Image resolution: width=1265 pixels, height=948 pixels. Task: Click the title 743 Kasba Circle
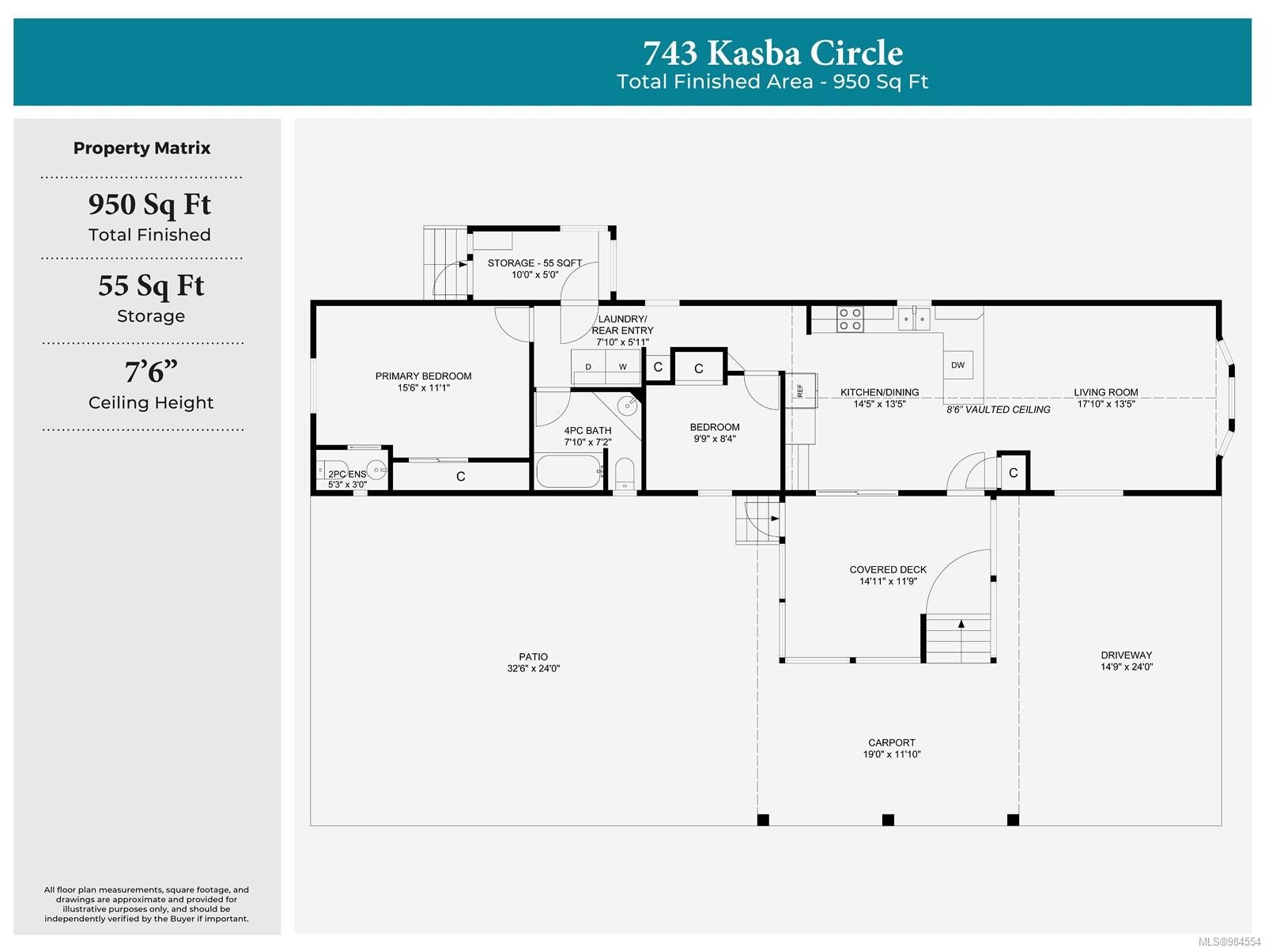pos(772,53)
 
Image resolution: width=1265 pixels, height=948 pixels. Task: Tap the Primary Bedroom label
pos(423,376)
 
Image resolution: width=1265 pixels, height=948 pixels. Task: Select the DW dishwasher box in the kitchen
pos(957,364)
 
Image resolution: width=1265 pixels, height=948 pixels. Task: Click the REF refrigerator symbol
pos(801,391)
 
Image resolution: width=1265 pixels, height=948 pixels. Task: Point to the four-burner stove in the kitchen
pos(850,319)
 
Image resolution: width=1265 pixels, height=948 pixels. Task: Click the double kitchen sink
pos(914,318)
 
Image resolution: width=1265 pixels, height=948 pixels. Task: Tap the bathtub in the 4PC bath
pos(569,471)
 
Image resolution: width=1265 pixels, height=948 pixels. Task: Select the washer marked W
pos(623,367)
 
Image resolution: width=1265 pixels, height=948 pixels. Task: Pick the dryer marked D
pos(588,367)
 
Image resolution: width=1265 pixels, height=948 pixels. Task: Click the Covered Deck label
pos(888,569)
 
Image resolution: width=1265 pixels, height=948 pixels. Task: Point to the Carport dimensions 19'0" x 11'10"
pos(892,754)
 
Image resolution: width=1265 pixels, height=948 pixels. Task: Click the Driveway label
pos(1126,655)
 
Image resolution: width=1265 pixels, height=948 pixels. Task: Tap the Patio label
pos(533,656)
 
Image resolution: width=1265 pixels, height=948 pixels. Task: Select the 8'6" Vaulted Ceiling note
pos(999,410)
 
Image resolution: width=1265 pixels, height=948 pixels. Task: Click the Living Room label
pos(1105,392)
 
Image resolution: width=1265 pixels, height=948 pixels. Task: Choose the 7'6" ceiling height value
pos(151,372)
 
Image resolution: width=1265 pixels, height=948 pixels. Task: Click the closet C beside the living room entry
pos(1013,473)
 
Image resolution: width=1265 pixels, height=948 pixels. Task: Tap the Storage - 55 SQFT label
pos(534,262)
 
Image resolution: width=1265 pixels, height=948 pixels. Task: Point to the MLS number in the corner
pos(1229,941)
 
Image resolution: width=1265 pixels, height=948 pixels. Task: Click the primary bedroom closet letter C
pos(460,477)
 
